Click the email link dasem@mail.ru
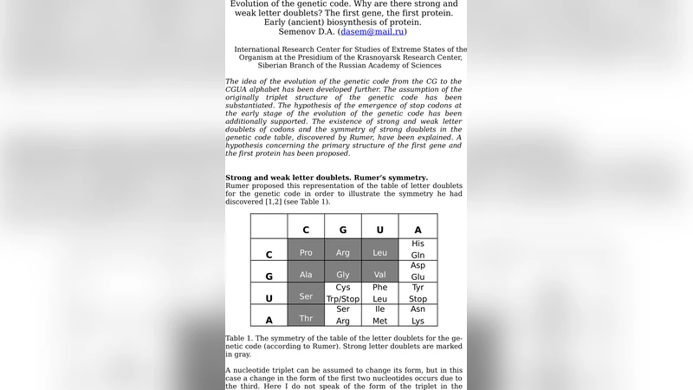(372, 31)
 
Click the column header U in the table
(379, 230)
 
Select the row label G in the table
(269, 276)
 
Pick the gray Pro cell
(306, 252)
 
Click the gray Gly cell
(343, 275)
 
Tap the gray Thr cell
(306, 318)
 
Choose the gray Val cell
(379, 275)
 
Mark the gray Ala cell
(306, 275)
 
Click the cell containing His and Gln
(418, 250)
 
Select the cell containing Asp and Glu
(418, 271)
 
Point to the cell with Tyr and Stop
(418, 293)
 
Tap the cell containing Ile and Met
(379, 315)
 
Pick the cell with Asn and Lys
(418, 315)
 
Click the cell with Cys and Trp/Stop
(343, 293)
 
